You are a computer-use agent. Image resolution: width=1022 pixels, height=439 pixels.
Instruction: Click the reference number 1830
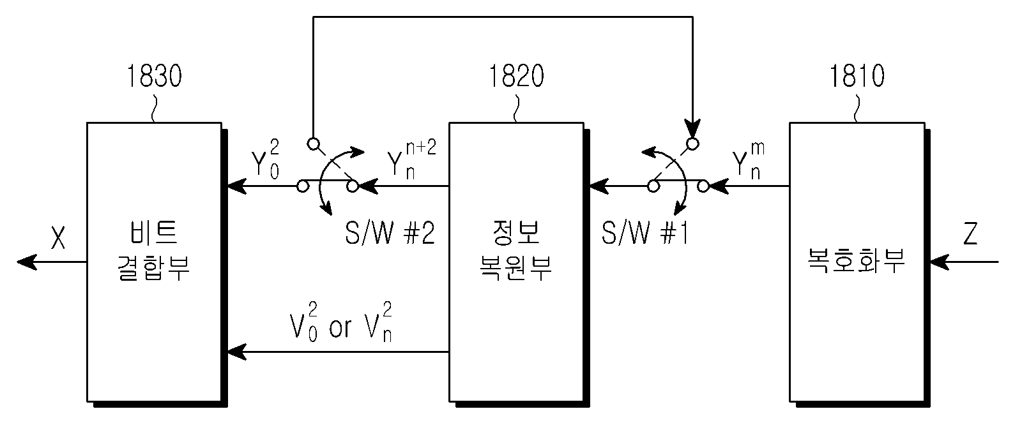[x=154, y=76]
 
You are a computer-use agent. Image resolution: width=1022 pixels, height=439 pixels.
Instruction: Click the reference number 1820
[x=517, y=76]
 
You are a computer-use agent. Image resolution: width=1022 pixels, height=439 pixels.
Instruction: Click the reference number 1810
[x=857, y=76]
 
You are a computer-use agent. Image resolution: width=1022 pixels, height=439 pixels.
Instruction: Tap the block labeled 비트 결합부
[x=155, y=262]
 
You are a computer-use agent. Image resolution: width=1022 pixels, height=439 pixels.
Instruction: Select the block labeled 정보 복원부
[x=517, y=262]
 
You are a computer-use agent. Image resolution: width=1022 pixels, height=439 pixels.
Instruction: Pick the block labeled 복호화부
[x=857, y=262]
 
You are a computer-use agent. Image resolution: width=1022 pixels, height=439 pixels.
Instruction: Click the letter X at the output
[x=58, y=237]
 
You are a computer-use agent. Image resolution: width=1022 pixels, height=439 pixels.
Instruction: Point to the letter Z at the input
[x=970, y=234]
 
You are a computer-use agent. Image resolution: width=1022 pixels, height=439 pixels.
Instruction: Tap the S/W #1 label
[x=644, y=234]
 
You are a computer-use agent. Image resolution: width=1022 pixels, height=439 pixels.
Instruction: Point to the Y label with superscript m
[x=749, y=160]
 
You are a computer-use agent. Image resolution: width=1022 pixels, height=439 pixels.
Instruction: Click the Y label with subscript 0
[x=265, y=160]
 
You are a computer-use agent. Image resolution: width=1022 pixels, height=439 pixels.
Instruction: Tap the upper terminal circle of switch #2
[x=314, y=144]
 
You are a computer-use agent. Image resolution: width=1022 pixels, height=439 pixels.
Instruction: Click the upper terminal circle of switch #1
[x=692, y=144]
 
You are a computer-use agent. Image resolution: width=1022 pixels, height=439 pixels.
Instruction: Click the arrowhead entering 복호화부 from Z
[x=939, y=262]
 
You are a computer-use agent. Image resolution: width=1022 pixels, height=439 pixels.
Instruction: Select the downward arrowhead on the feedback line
[x=692, y=128]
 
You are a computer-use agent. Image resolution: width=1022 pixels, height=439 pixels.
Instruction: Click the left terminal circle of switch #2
[x=303, y=186]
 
